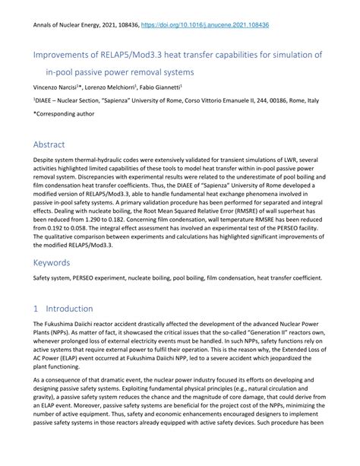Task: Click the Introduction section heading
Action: coord(73,309)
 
